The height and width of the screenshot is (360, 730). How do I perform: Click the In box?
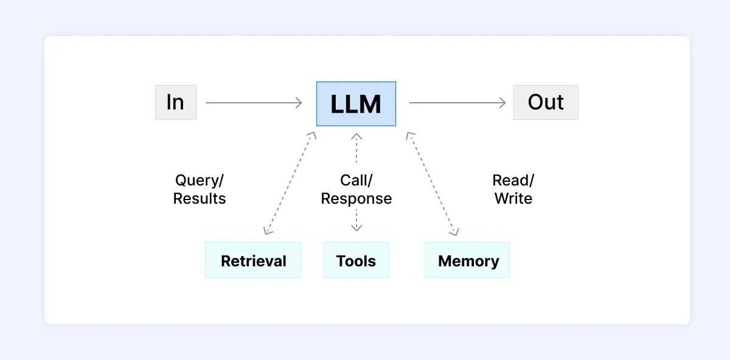coord(176,103)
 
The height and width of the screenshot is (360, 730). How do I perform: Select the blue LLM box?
coord(356,104)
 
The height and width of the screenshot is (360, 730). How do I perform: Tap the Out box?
coord(546,103)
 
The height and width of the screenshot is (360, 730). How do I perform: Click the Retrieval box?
coord(253,260)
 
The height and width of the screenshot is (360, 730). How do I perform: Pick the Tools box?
coord(356,260)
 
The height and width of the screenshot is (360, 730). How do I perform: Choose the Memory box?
coord(467,260)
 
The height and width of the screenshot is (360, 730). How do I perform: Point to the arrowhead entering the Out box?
coord(502,103)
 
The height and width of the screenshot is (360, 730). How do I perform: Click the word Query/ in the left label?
coord(200,181)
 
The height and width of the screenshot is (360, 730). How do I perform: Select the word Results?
coord(200,199)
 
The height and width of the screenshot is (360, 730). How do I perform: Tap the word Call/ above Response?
coord(356,181)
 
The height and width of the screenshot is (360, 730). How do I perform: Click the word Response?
coord(356,199)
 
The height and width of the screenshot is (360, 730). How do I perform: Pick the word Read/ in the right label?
coord(513,181)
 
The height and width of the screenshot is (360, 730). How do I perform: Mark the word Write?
coord(513,199)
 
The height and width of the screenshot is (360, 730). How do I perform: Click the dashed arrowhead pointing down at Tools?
coord(356,228)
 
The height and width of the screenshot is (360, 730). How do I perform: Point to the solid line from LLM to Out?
coord(456,103)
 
